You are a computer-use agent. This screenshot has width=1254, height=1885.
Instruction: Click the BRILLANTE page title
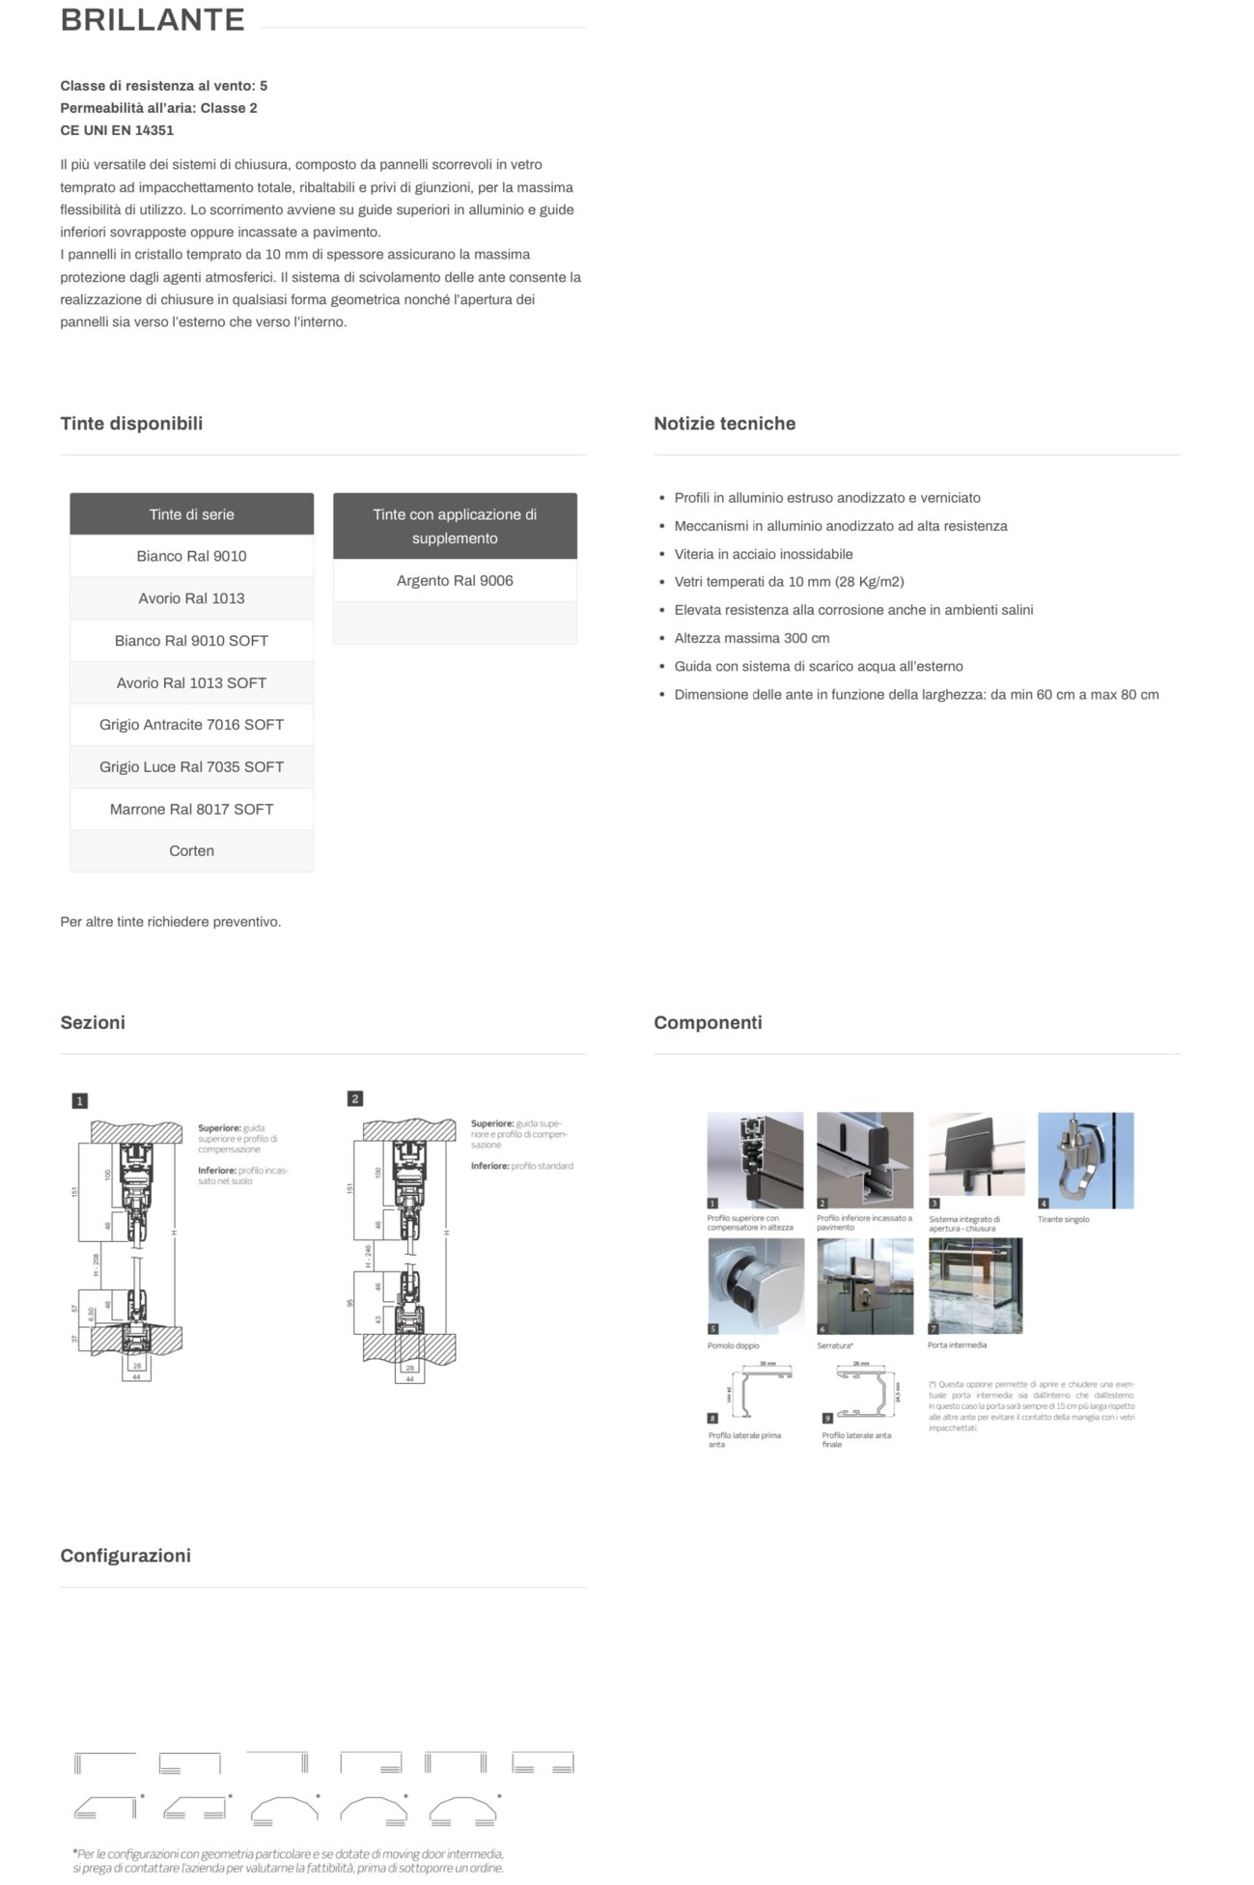point(153,20)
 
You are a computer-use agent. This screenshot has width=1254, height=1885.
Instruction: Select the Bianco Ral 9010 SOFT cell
point(191,641)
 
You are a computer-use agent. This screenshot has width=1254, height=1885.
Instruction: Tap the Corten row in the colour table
point(191,851)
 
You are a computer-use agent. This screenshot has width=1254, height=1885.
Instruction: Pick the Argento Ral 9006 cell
point(455,581)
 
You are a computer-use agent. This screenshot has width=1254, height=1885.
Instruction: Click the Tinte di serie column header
point(191,514)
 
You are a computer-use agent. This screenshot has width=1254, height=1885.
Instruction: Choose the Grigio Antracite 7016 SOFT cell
point(191,725)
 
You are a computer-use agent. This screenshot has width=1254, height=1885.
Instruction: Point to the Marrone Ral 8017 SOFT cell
point(191,810)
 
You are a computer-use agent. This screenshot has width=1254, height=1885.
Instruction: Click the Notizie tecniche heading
point(724,424)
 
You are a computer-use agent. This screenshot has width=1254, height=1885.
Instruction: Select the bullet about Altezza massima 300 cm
point(751,638)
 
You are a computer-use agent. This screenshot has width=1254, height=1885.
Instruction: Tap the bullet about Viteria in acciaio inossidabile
point(763,554)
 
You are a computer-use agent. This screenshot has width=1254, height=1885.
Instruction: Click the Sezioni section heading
point(93,1023)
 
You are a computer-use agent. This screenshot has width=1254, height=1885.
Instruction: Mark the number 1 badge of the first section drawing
point(80,1101)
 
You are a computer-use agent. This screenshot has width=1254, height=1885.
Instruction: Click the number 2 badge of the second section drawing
point(355,1099)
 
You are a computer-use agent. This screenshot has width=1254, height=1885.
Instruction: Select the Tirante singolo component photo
point(1085,1160)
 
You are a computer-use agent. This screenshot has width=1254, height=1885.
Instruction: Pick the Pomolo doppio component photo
point(755,1287)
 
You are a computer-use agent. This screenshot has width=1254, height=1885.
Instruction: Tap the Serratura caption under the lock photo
point(835,1345)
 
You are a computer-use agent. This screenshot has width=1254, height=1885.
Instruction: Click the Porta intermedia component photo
point(975,1287)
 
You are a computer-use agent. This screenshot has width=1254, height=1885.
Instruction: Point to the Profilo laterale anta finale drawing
point(864,1393)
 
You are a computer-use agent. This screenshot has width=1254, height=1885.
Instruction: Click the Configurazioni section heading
point(125,1556)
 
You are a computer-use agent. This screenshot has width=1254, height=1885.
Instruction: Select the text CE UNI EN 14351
point(117,130)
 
